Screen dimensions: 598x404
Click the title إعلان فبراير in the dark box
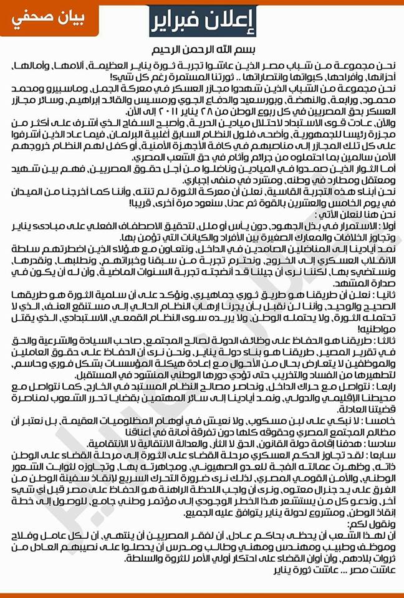click(x=201, y=23)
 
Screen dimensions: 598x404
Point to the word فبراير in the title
click(x=181, y=23)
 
